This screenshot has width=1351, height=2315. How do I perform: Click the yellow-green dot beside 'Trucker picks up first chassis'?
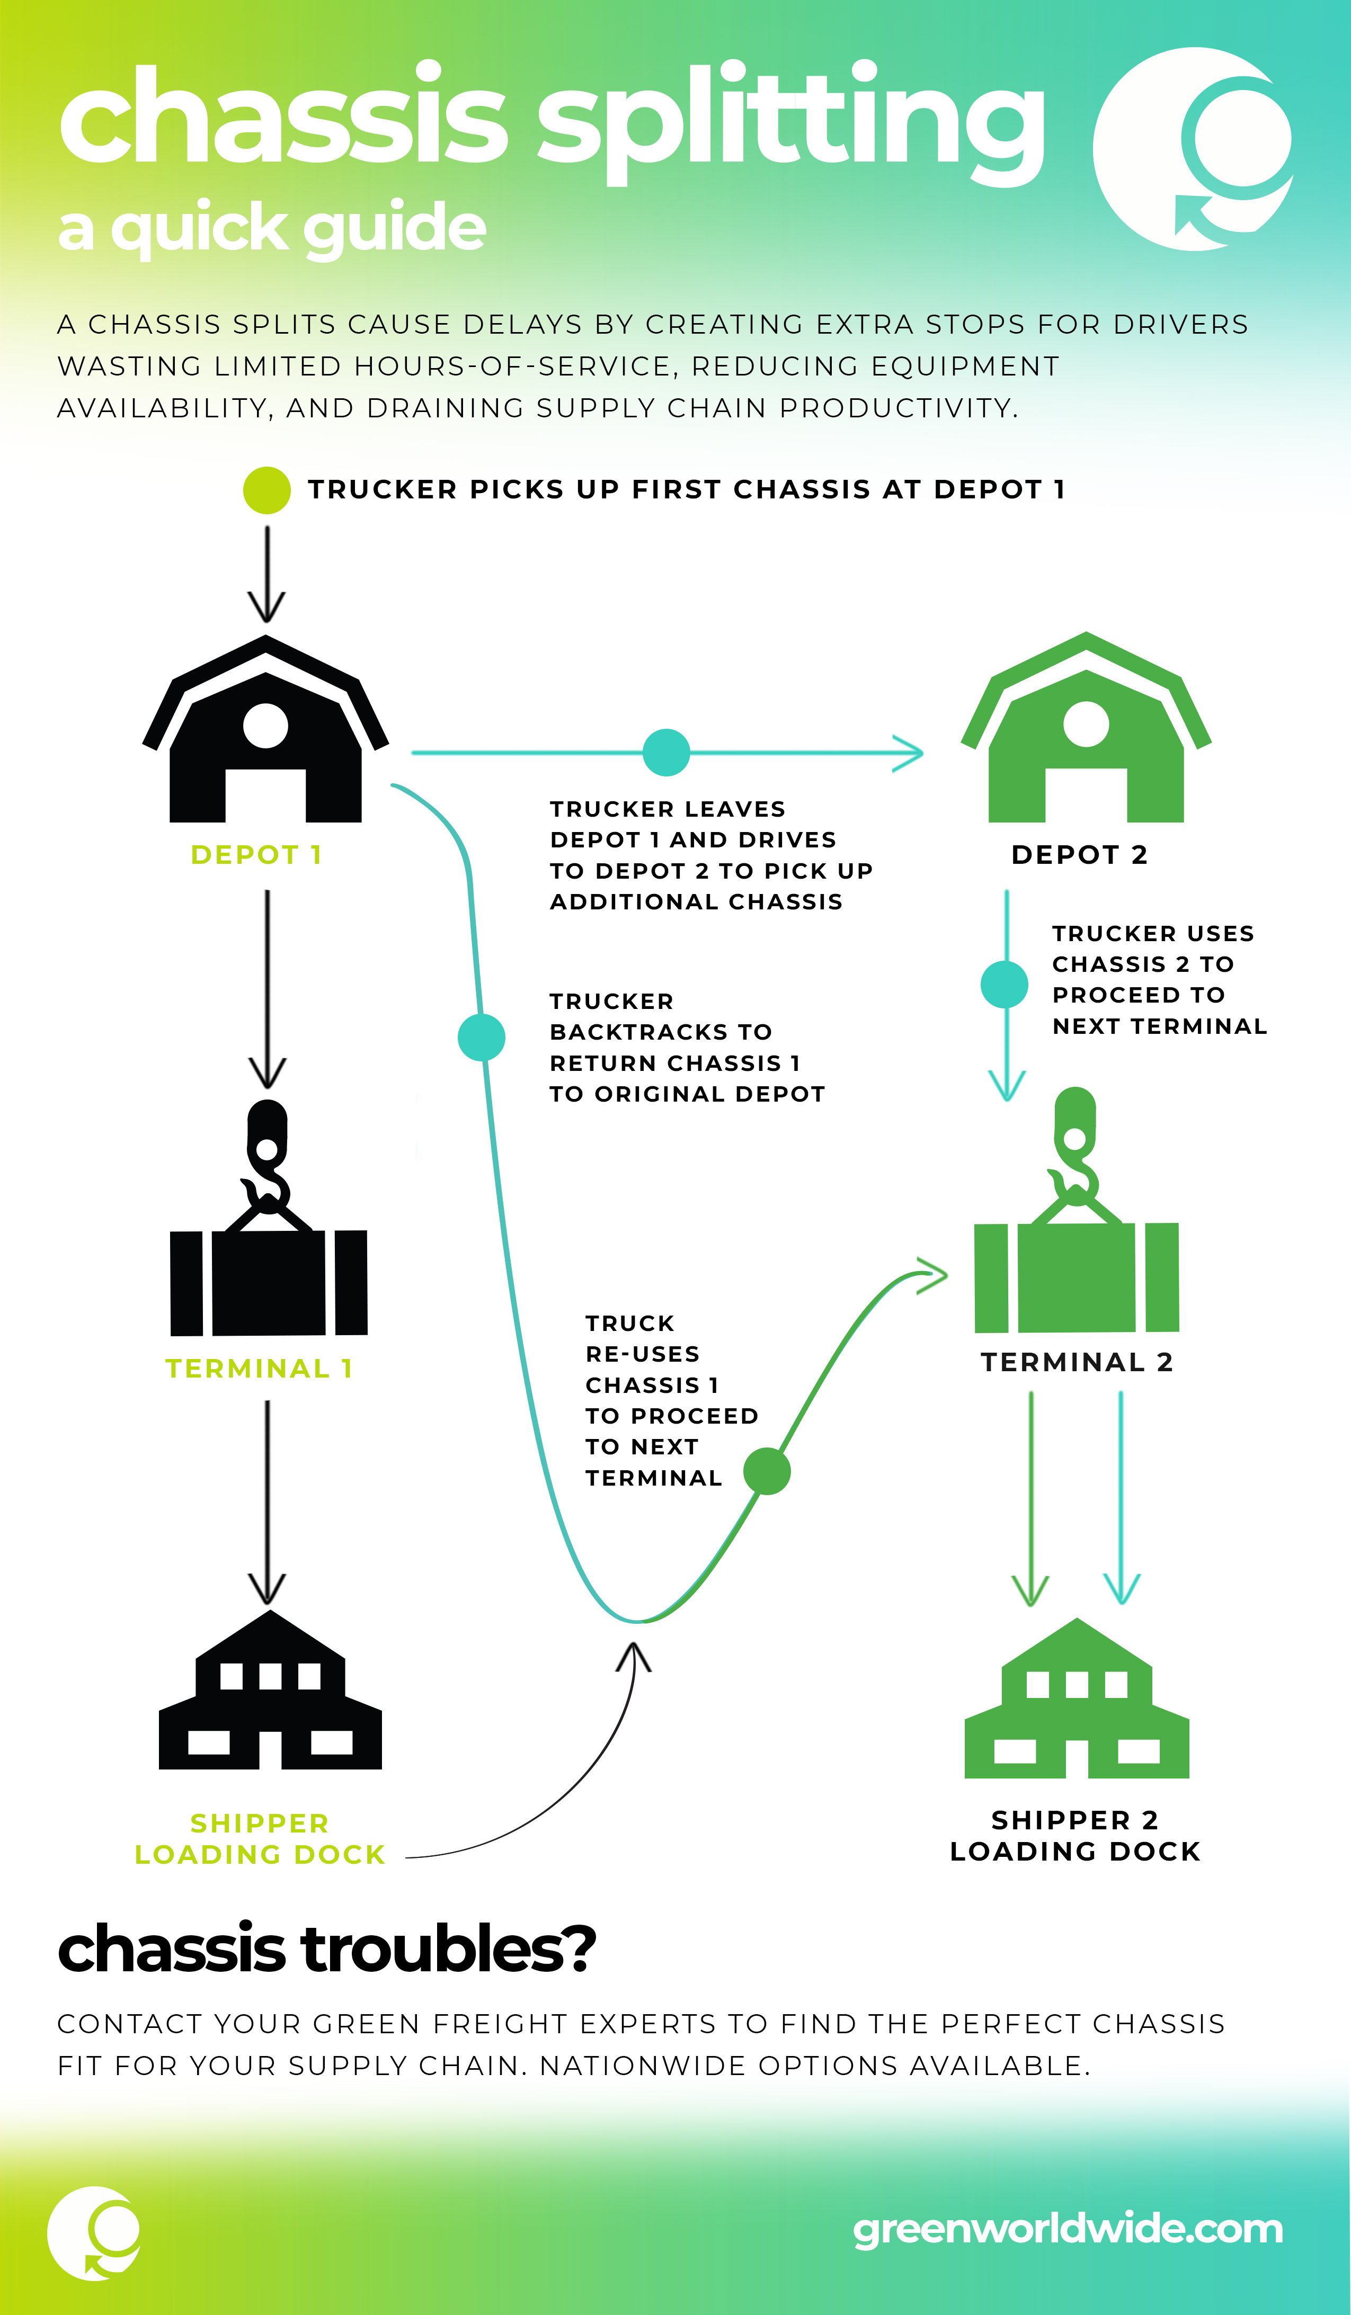266,490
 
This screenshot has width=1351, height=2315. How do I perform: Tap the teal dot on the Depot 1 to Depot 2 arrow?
666,753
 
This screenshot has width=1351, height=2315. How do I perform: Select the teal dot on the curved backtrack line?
482,1037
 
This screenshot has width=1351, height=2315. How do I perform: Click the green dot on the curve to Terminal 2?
767,1471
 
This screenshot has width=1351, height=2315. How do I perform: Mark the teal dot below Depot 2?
1005,985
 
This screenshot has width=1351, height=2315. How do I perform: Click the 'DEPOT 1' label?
256,855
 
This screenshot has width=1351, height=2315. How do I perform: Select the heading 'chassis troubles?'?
327,1948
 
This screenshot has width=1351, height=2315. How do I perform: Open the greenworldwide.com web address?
1068,2230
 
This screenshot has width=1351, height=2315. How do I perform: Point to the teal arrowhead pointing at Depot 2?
908,753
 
